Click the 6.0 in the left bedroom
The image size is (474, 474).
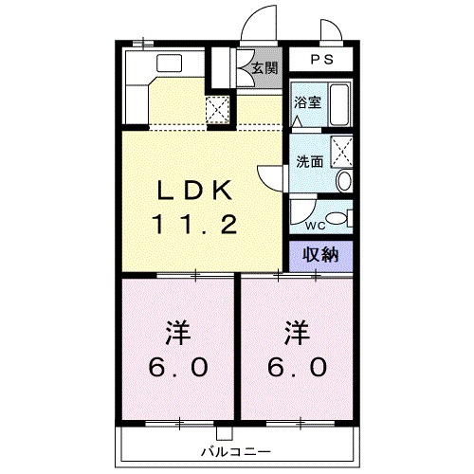(x=178, y=367)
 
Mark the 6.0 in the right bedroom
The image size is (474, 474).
(x=298, y=367)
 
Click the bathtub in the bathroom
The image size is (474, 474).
(x=339, y=103)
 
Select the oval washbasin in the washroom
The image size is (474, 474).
(x=345, y=180)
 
